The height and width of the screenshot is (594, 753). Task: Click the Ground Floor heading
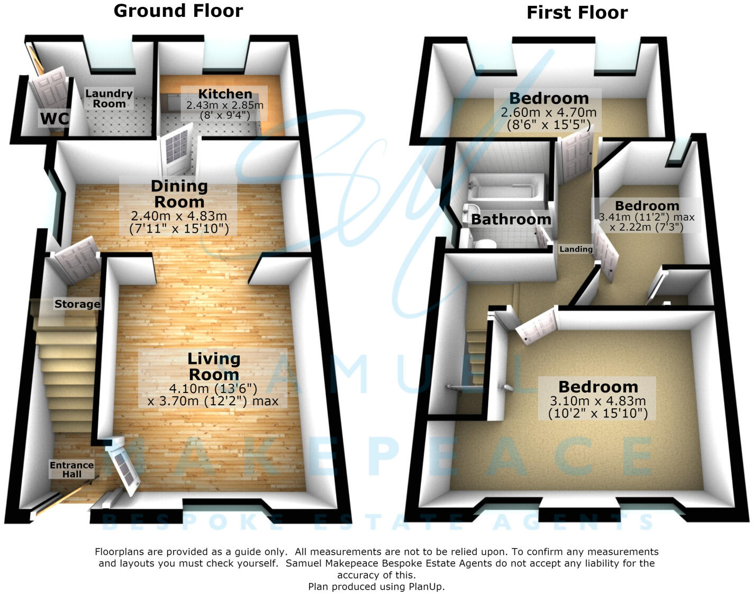coord(178,11)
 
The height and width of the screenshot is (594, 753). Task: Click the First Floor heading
coord(577,13)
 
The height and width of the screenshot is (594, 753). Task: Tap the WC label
coord(54,118)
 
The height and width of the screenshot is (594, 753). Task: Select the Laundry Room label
coord(109,99)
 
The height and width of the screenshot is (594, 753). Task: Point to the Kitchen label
coord(225,94)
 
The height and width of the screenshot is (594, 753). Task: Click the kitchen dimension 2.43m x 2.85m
coord(225,105)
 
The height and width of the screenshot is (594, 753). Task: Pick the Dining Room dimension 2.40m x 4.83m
coord(179,216)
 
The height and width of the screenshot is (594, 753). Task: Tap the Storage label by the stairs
coord(77,304)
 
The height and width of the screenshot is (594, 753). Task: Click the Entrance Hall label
coord(72,470)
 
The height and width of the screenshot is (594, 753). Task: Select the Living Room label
coord(214,367)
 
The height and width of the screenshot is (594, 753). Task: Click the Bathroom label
coord(511,220)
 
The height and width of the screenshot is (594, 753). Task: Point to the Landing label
coord(576,249)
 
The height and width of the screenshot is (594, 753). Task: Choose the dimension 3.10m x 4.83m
coord(598,401)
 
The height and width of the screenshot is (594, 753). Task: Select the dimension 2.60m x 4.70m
coord(549,112)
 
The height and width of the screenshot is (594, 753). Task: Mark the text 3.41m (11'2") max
coord(646,217)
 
